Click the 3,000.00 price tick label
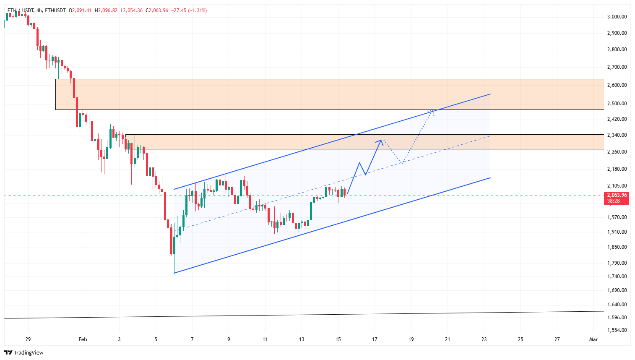point(617,17)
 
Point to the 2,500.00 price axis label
point(617,104)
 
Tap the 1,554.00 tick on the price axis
point(617,330)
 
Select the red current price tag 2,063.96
point(616,195)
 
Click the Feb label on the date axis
point(83,339)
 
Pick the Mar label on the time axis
point(593,339)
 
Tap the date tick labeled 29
point(28,339)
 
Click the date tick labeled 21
point(448,339)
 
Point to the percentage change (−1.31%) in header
point(198,10)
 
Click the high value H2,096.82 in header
point(106,10)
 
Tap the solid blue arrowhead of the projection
point(381,141)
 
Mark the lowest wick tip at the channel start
point(174,273)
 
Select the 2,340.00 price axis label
point(617,135)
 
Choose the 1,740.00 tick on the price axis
point(617,277)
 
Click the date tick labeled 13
point(302,339)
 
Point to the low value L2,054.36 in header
point(131,10)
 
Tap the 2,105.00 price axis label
point(617,186)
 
